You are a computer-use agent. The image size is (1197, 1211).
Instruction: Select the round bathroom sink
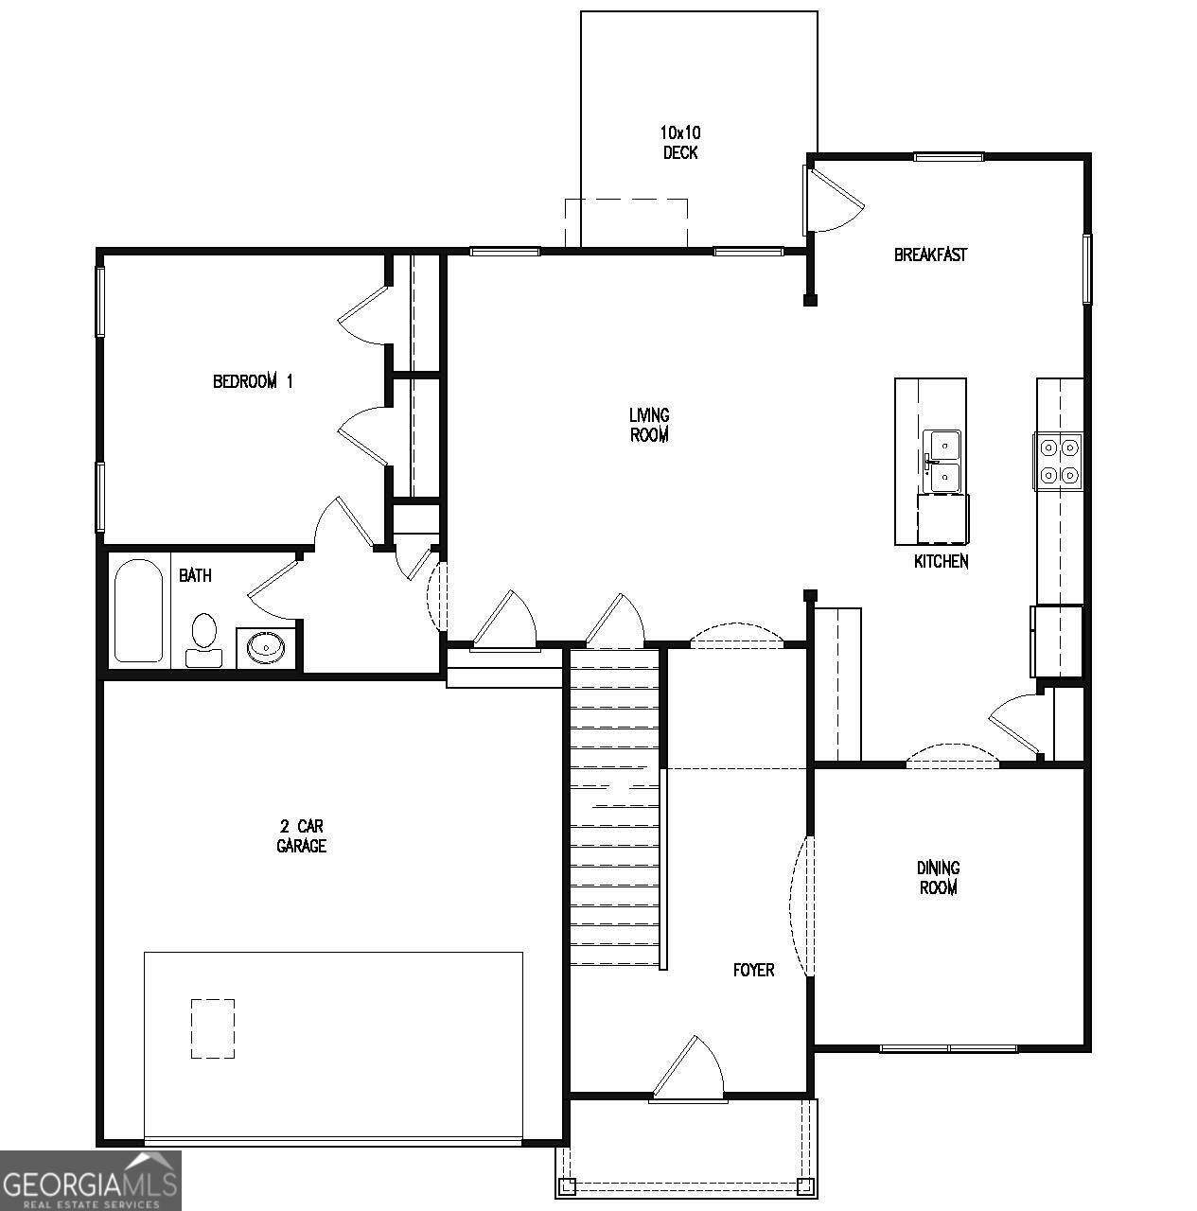[265, 645]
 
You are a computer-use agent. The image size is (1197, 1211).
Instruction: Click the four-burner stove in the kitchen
[1059, 462]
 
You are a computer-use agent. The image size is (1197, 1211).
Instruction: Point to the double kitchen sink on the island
[942, 462]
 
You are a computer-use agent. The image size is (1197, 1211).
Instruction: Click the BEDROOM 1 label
[253, 381]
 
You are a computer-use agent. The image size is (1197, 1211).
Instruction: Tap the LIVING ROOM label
[649, 425]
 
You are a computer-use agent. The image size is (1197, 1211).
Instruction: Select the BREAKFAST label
[930, 254]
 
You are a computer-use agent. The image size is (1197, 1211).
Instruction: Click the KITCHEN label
[942, 561]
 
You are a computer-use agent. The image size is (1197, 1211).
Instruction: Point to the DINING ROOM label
[938, 877]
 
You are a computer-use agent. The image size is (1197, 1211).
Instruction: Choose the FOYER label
[754, 970]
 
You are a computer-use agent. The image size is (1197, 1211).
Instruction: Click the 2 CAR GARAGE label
[302, 835]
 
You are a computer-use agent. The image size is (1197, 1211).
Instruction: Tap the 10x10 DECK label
[680, 142]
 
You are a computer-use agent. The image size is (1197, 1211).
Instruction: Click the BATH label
[195, 575]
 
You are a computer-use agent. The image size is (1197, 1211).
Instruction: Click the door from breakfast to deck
[833, 200]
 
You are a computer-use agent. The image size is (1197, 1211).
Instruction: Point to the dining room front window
[948, 1048]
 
